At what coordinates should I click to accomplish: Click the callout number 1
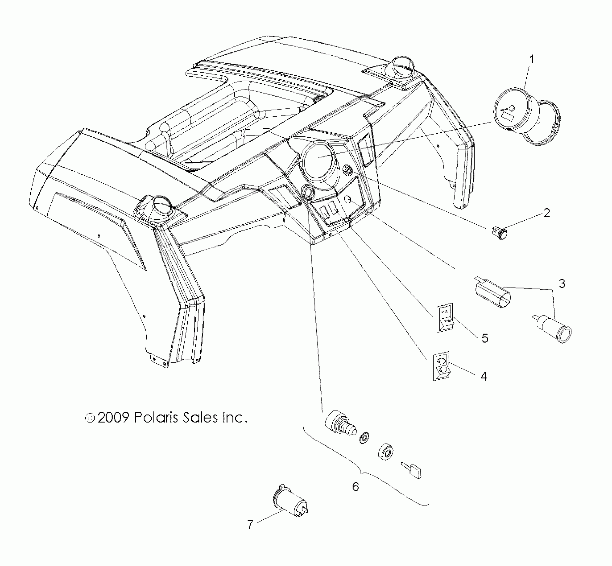tap(531, 60)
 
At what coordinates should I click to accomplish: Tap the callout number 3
tap(562, 284)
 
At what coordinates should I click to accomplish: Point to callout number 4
tap(484, 376)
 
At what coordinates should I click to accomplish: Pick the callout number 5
tap(485, 338)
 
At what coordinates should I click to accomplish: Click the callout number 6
tap(356, 487)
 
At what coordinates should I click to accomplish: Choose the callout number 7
tap(250, 525)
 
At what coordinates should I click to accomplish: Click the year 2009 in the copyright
tap(113, 417)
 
